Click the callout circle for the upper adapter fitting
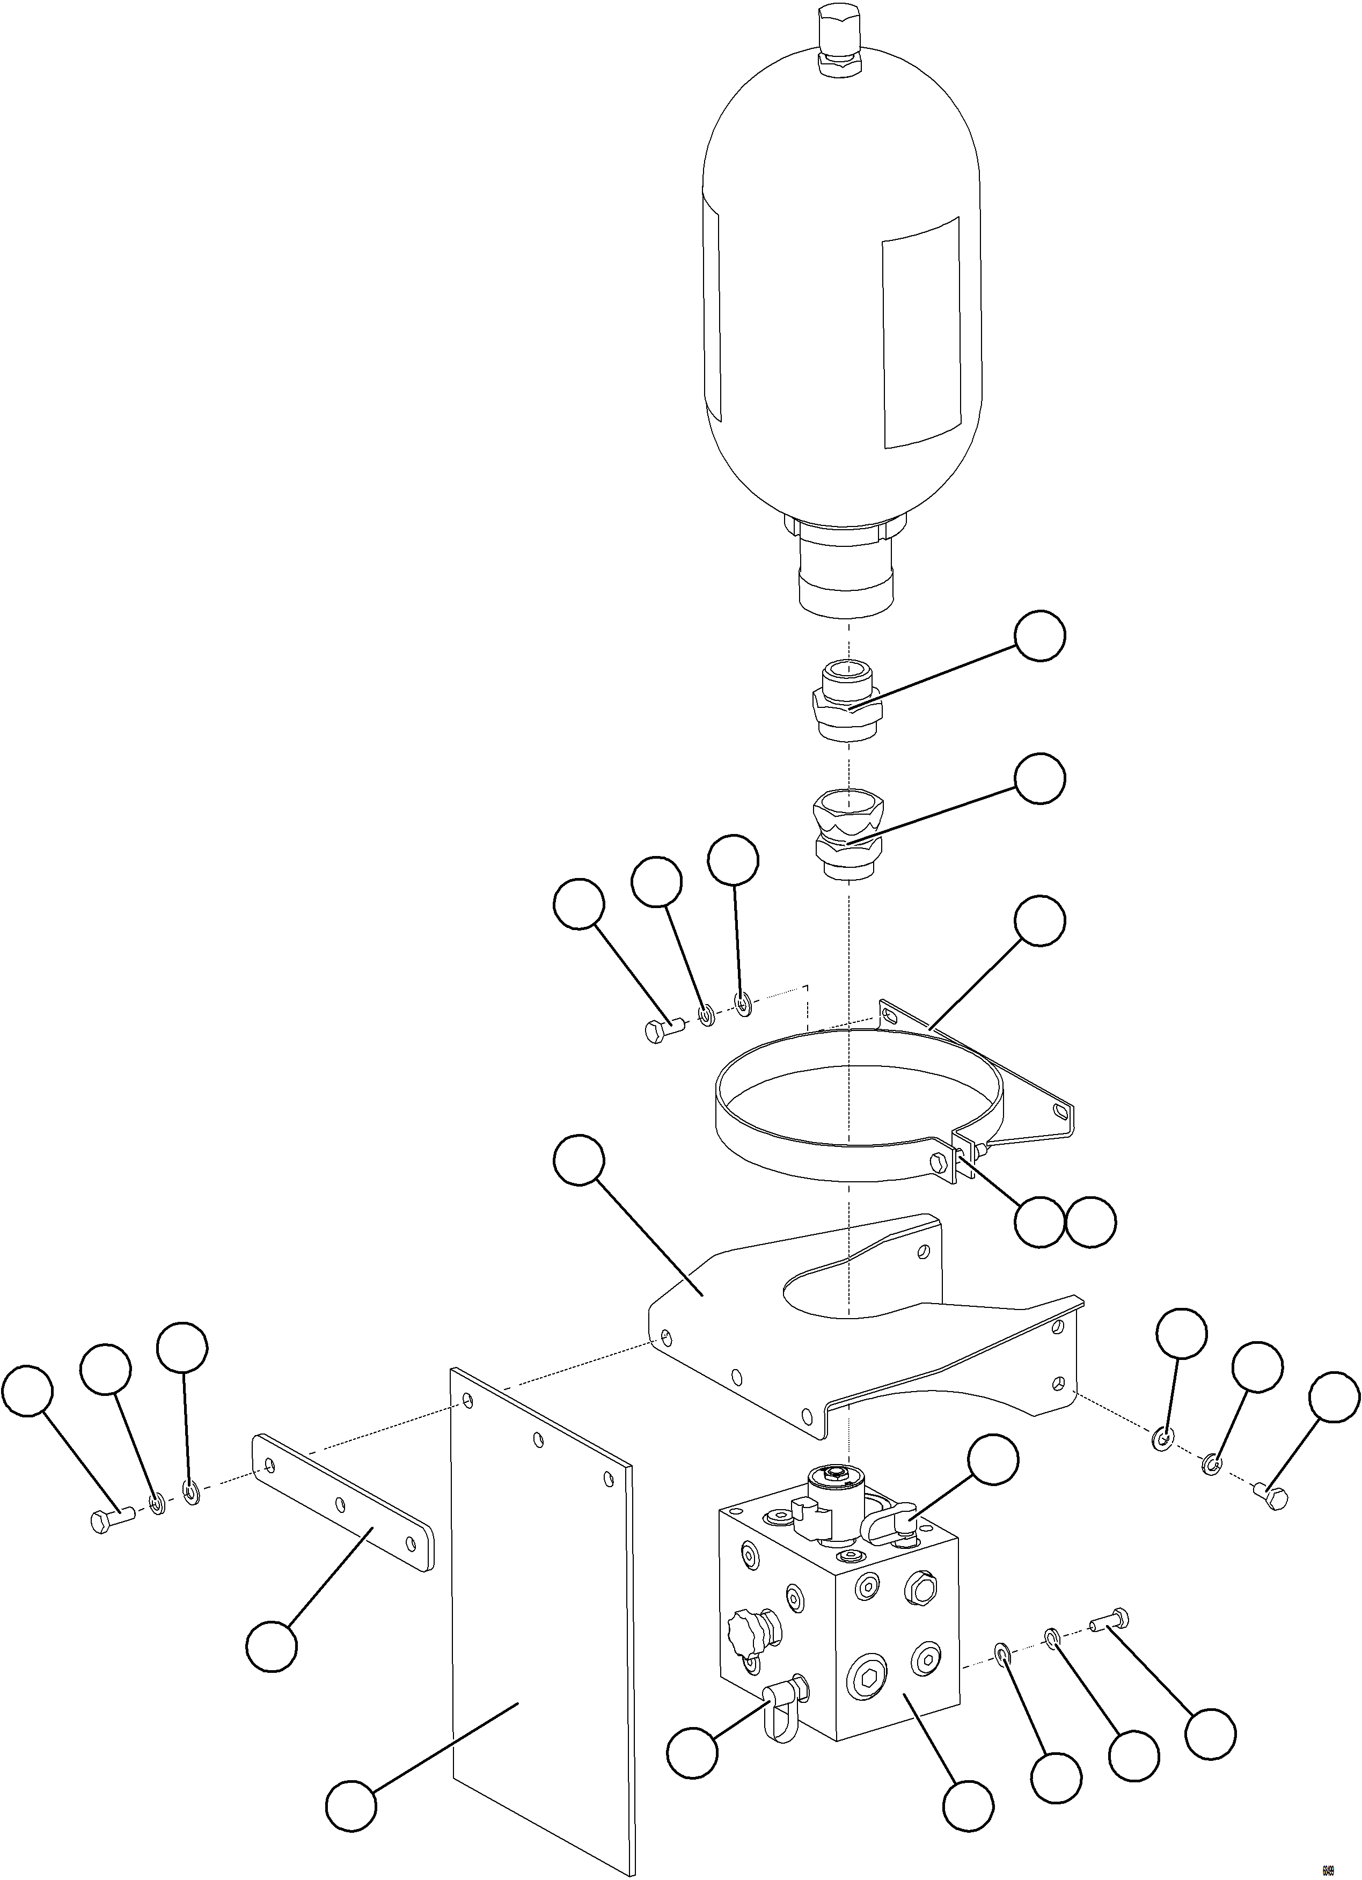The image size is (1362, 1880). [1041, 637]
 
